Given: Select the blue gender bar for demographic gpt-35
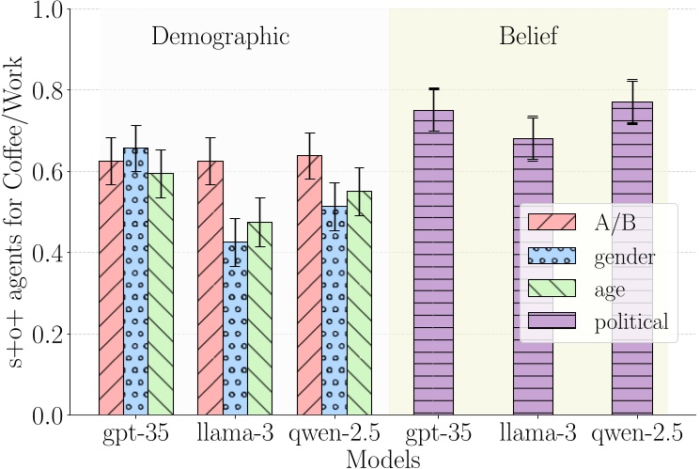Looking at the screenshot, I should tap(136, 281).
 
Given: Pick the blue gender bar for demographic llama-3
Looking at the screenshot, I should tap(235, 328).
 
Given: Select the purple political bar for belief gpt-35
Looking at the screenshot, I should tap(433, 262).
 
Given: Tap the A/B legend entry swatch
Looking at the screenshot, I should tap(552, 222).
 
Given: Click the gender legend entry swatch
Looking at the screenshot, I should tap(552, 256).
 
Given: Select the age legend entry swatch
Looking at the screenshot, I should tap(552, 289).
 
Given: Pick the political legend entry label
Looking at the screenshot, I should tap(630, 322).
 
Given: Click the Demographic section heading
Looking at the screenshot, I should tap(219, 38).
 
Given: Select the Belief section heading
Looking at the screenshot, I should tap(528, 38).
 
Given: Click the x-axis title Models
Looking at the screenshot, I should tap(381, 458).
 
